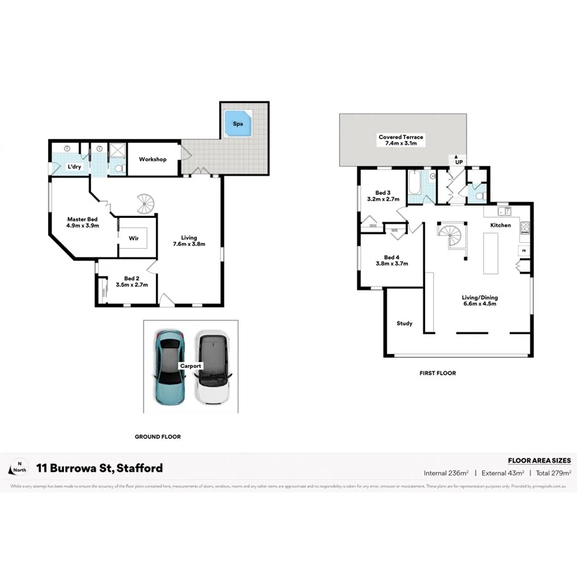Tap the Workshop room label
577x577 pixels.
[x=153, y=159]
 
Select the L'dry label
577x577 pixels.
[x=74, y=167]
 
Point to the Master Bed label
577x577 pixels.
[x=83, y=222]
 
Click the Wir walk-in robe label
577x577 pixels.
[x=134, y=238]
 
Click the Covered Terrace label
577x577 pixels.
[x=401, y=140]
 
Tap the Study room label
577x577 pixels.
[x=404, y=323]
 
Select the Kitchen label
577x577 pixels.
[x=501, y=226]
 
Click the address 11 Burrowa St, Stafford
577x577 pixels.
[x=99, y=468]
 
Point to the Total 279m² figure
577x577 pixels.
[x=553, y=473]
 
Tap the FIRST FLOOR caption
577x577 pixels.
[x=438, y=372]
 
